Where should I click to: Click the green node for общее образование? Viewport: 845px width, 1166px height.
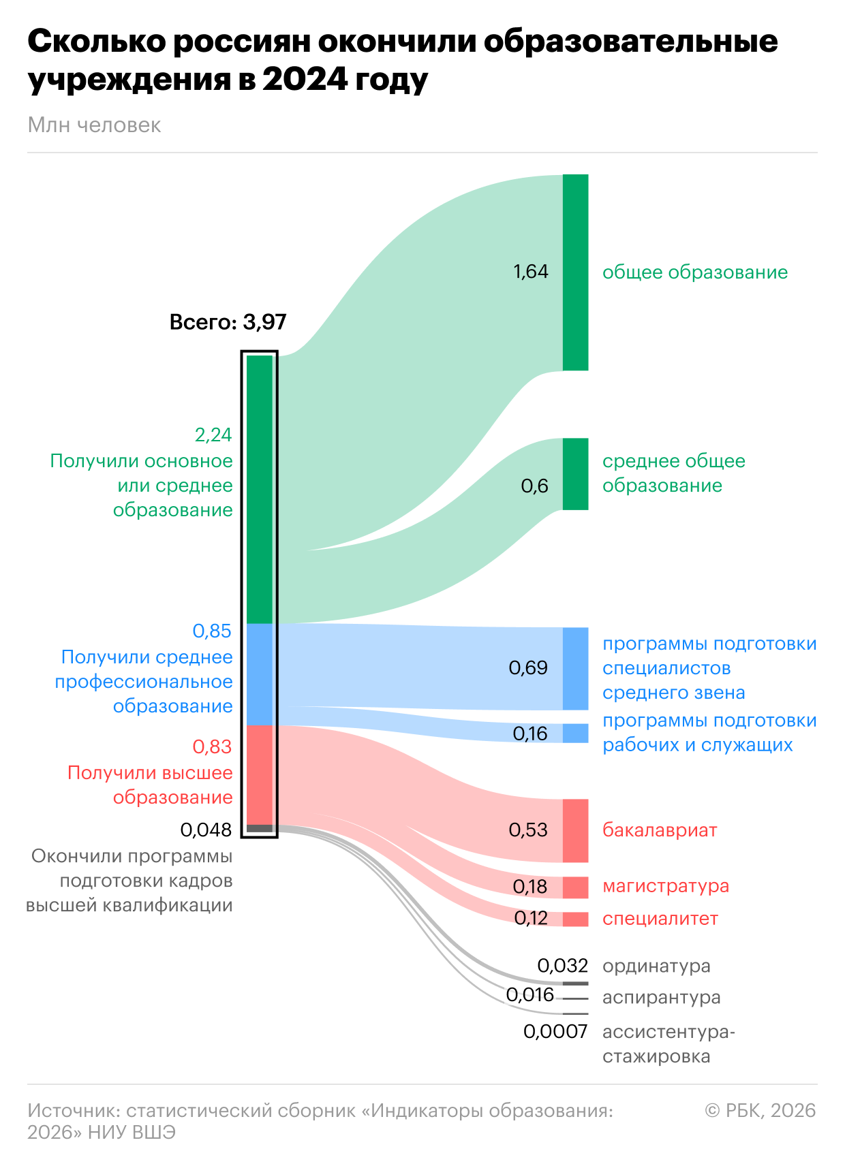tap(575, 272)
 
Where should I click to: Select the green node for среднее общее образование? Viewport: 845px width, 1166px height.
tap(575, 474)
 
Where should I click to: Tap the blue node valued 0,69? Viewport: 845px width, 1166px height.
tap(575, 668)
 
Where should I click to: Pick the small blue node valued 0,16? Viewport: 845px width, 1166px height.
tap(575, 733)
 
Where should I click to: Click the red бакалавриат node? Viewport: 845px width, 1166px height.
tap(575, 830)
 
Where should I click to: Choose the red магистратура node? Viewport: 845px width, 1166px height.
tap(575, 887)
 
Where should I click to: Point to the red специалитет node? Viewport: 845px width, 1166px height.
tap(575, 919)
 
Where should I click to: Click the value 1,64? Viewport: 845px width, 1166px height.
tap(530, 272)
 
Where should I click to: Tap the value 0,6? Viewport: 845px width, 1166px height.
tap(534, 486)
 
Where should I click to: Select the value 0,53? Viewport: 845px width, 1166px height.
tap(528, 830)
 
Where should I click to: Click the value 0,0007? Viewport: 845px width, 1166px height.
tap(555, 1032)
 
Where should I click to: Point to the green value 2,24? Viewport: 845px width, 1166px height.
tap(213, 435)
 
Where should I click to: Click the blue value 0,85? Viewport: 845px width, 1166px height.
tap(212, 631)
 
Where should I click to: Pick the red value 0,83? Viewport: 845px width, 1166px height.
tap(212, 746)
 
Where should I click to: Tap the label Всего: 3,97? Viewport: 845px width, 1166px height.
tap(228, 321)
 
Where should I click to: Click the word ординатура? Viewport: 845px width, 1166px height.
tap(656, 966)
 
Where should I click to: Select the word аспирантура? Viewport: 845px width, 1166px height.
tap(661, 997)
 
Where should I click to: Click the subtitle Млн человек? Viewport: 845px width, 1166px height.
tap(94, 125)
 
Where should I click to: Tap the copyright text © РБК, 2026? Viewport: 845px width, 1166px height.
tap(760, 1111)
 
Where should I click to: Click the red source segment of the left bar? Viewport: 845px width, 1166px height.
tap(260, 775)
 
